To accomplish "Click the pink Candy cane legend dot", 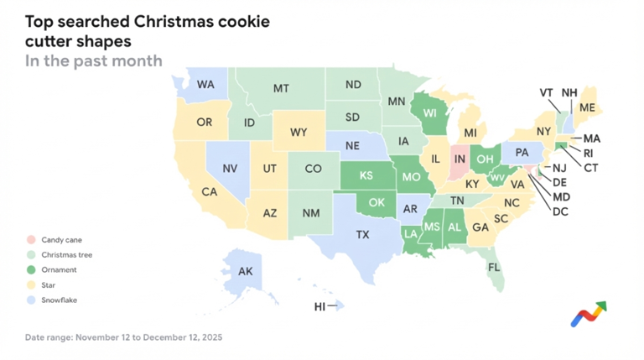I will click(31, 240).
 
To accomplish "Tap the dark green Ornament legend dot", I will click(31, 270).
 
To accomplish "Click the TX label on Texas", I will click(362, 235).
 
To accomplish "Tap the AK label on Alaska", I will click(245, 271).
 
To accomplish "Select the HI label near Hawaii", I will click(319, 307).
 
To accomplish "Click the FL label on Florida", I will click(495, 268).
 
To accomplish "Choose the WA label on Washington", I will click(205, 85).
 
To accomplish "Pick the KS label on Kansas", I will click(366, 176).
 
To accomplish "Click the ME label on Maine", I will click(587, 108).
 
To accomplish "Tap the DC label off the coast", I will click(560, 211).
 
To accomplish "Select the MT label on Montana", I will click(282, 88).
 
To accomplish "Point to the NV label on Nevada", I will click(230, 169).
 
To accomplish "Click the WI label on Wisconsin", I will click(430, 113).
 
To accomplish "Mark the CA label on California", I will click(210, 192).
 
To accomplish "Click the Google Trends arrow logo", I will click(589, 314).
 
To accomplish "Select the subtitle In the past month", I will click(93, 60).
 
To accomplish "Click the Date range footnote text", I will click(123, 337).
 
